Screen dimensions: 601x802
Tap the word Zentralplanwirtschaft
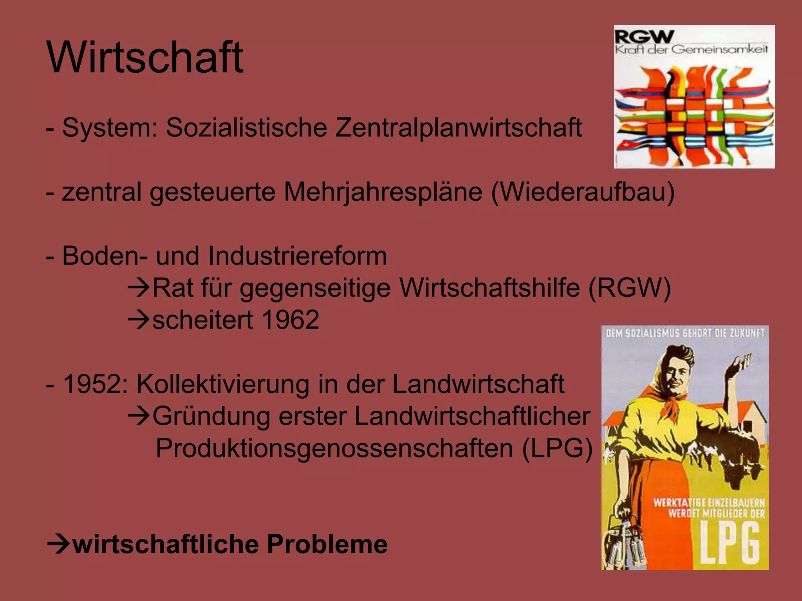coord(458,128)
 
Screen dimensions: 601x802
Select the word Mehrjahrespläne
coord(383,192)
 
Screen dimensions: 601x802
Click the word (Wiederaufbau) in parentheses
coord(583,192)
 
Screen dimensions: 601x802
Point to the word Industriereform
coord(297,256)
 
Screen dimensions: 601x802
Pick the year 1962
coord(290,320)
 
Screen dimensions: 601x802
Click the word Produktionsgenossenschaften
coord(334,448)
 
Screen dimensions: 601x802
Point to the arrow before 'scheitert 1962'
coord(139,320)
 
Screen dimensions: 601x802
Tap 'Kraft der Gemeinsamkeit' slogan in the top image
coord(691,50)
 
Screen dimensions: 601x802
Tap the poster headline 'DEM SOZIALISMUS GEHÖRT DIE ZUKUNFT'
coord(685,333)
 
